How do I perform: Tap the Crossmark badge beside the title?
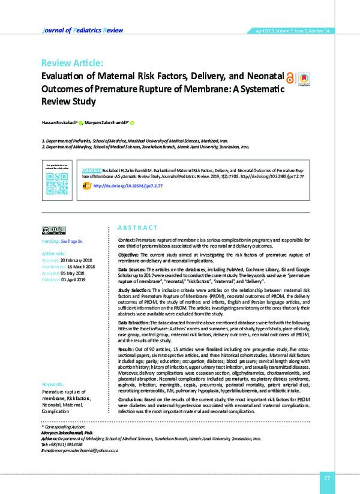304,79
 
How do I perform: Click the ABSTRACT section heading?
137,228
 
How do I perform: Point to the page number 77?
327,477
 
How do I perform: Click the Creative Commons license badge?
54,230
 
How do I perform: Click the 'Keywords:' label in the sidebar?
53,384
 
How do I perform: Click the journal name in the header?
80,29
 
